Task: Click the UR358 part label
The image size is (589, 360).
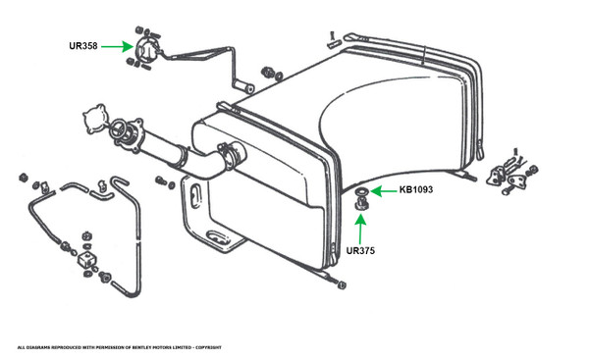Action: (x=83, y=46)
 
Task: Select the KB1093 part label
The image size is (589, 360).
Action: (x=416, y=189)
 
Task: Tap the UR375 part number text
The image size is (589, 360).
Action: (x=360, y=251)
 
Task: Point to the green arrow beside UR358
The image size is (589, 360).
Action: (x=117, y=46)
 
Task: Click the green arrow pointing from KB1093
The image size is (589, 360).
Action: (x=383, y=191)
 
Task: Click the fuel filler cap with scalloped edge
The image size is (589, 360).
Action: (x=94, y=119)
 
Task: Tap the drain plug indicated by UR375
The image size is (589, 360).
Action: (x=361, y=205)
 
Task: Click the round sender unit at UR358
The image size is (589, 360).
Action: (x=145, y=52)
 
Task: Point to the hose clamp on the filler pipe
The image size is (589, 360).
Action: (x=228, y=155)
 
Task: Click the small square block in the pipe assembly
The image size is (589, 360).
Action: (x=88, y=259)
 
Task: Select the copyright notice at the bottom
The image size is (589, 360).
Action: (x=119, y=347)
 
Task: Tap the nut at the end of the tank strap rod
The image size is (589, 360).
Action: (x=341, y=285)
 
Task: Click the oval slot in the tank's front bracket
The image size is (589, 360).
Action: (x=195, y=195)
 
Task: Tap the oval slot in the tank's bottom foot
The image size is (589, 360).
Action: (x=218, y=236)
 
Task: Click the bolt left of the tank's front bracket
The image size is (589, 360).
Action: (x=162, y=180)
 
